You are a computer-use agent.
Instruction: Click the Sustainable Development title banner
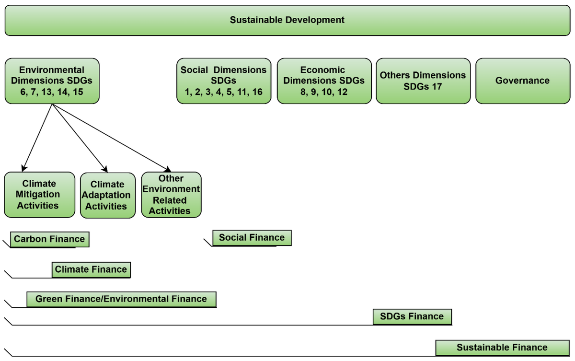pyautogui.click(x=287, y=20)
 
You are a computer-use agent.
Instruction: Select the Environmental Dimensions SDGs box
pyautogui.click(x=52, y=81)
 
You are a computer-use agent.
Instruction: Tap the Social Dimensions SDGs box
pyautogui.click(x=223, y=81)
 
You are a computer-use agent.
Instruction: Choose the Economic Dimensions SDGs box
pyautogui.click(x=324, y=81)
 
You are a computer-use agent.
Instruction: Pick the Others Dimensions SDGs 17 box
pyautogui.click(x=423, y=81)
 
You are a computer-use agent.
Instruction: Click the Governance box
pyautogui.click(x=522, y=81)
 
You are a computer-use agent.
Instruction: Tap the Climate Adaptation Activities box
pyautogui.click(x=107, y=195)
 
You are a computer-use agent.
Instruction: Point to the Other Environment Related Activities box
pyautogui.click(x=171, y=194)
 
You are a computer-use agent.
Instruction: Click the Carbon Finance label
pyautogui.click(x=49, y=239)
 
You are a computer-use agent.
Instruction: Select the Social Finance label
pyautogui.click(x=252, y=237)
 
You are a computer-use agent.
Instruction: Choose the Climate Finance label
pyautogui.click(x=91, y=269)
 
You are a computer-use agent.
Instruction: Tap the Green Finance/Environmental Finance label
pyautogui.click(x=121, y=299)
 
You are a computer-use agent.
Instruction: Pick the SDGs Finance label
pyautogui.click(x=412, y=316)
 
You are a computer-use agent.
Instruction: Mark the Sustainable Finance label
pyautogui.click(x=502, y=348)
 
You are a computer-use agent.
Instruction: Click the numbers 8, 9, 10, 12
pyautogui.click(x=324, y=92)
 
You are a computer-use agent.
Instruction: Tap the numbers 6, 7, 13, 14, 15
pyautogui.click(x=52, y=92)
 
